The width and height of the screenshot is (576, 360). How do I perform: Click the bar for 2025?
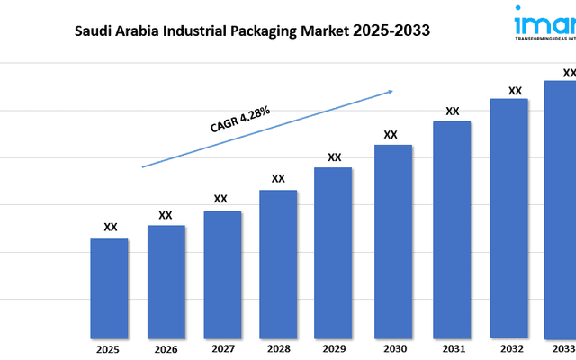tap(109, 288)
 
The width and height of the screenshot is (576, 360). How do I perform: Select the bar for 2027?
tap(221, 274)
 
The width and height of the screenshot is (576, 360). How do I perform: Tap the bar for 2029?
tap(334, 252)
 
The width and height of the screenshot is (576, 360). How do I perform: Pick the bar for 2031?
tap(452, 229)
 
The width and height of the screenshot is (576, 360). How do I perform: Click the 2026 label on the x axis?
tap(166, 348)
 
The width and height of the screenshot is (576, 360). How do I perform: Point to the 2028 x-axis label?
tap(278, 348)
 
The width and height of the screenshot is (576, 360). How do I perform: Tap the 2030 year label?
tap(393, 348)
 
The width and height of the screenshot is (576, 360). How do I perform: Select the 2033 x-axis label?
tap(563, 348)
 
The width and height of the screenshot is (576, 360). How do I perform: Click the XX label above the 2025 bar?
tap(110, 228)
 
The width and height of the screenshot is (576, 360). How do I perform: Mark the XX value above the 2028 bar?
tap(278, 178)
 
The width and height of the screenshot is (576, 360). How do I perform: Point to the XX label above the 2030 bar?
tap(391, 135)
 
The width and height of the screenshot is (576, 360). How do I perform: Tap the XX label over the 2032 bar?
tap(515, 91)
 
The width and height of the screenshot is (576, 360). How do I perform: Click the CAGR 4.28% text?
tap(240, 120)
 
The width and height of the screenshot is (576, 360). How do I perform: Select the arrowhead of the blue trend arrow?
tap(390, 90)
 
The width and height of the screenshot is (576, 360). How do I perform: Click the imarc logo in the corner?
tap(544, 22)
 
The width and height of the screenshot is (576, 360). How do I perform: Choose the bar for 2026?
tap(166, 281)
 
